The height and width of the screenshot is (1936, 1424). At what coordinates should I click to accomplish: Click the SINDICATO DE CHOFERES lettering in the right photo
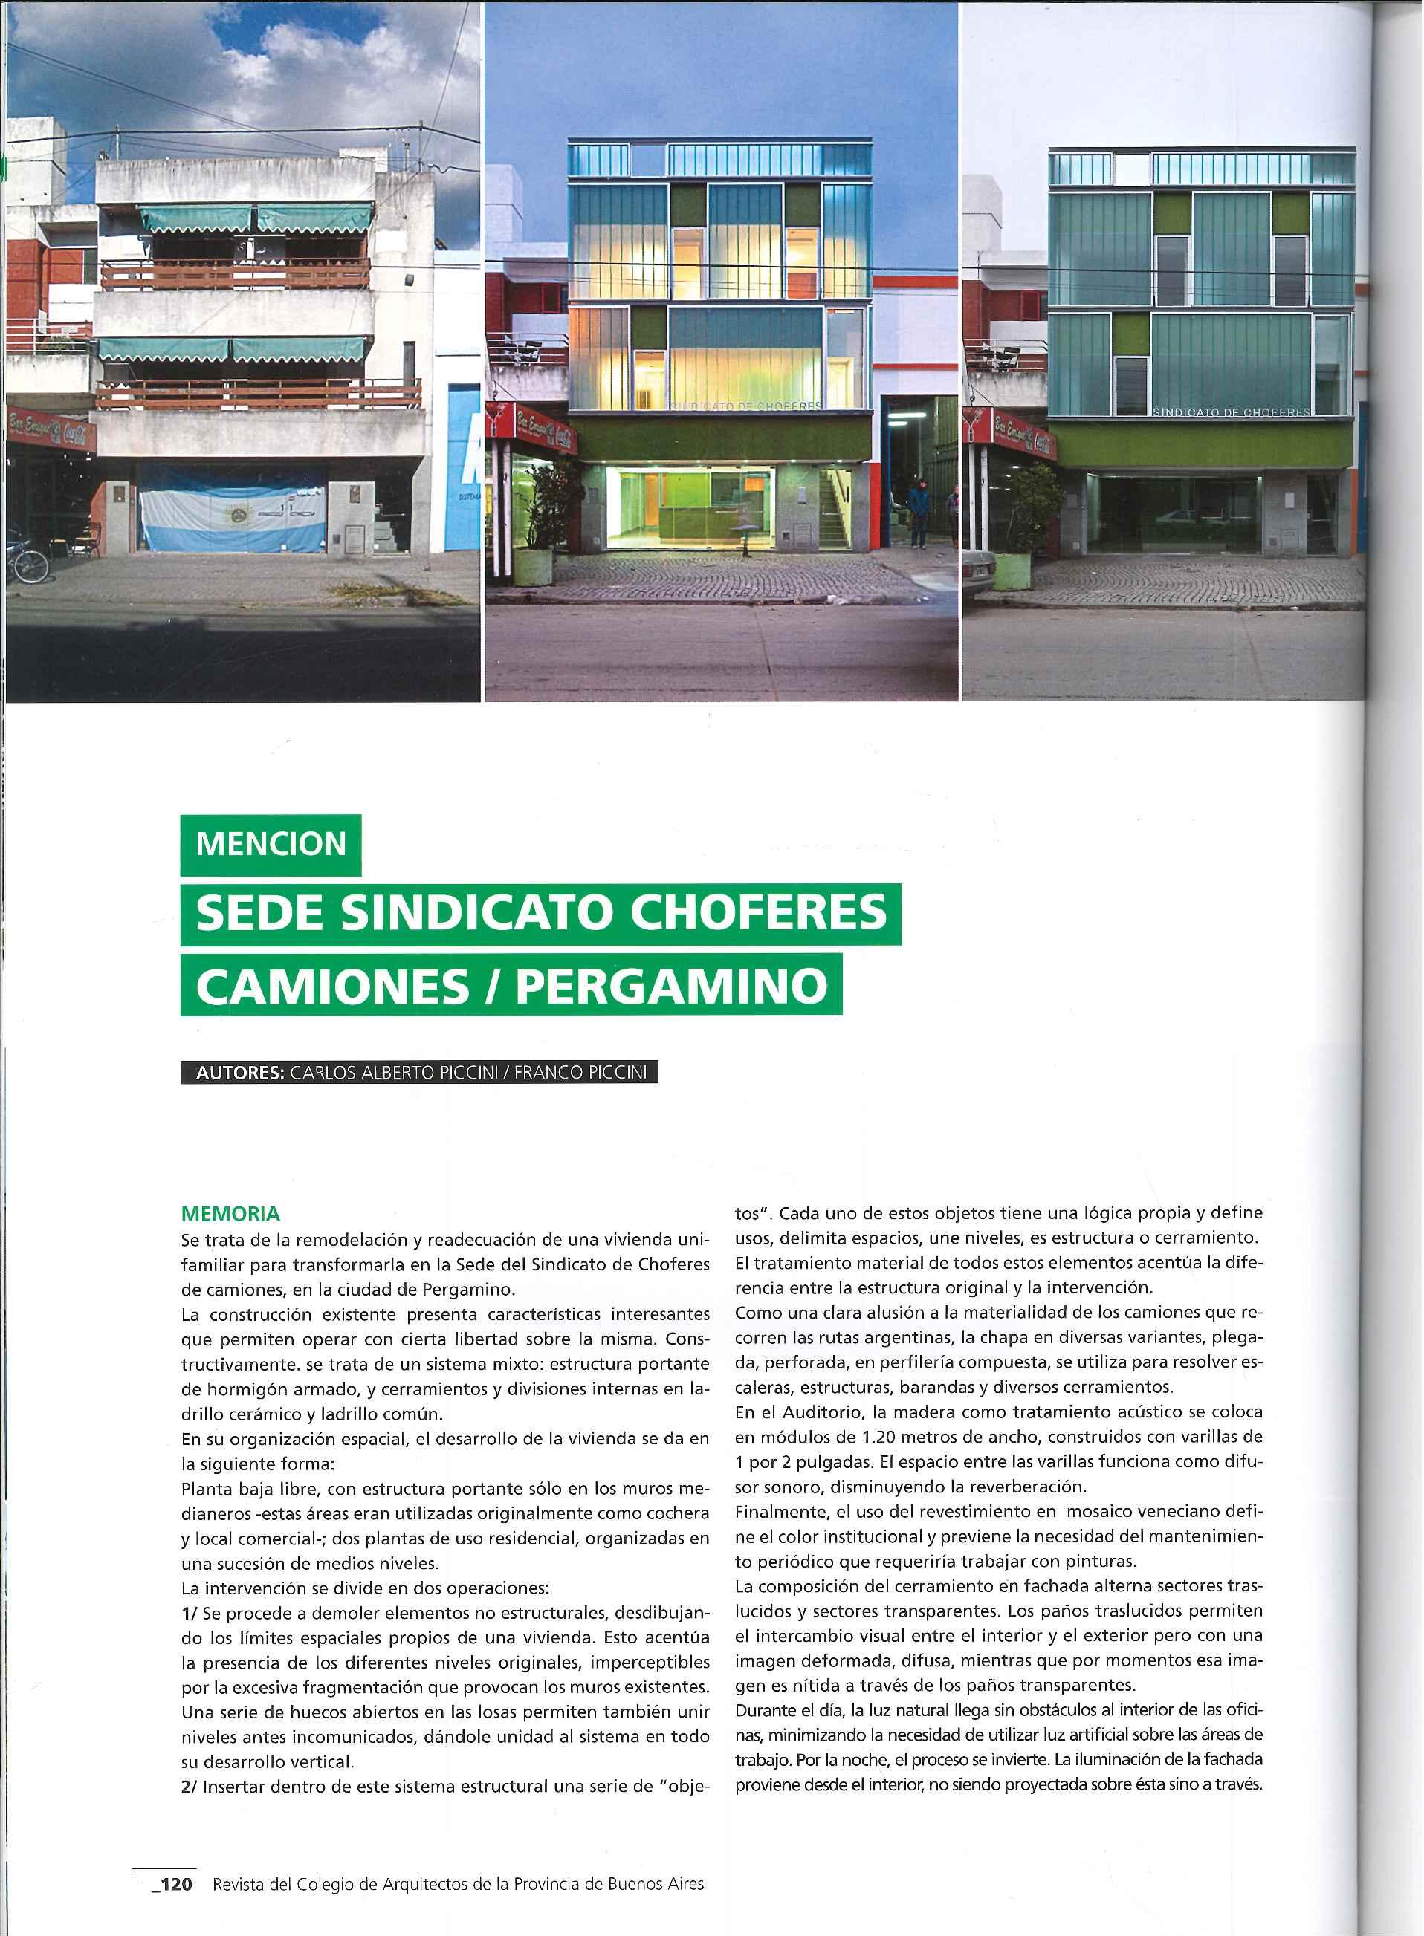(1231, 413)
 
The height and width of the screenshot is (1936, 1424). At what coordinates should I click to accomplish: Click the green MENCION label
(271, 843)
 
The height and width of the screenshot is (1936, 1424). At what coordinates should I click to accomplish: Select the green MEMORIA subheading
(230, 1214)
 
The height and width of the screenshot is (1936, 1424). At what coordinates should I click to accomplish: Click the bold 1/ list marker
(189, 1612)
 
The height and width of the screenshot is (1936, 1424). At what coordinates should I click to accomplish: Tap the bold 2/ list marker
(190, 1786)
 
